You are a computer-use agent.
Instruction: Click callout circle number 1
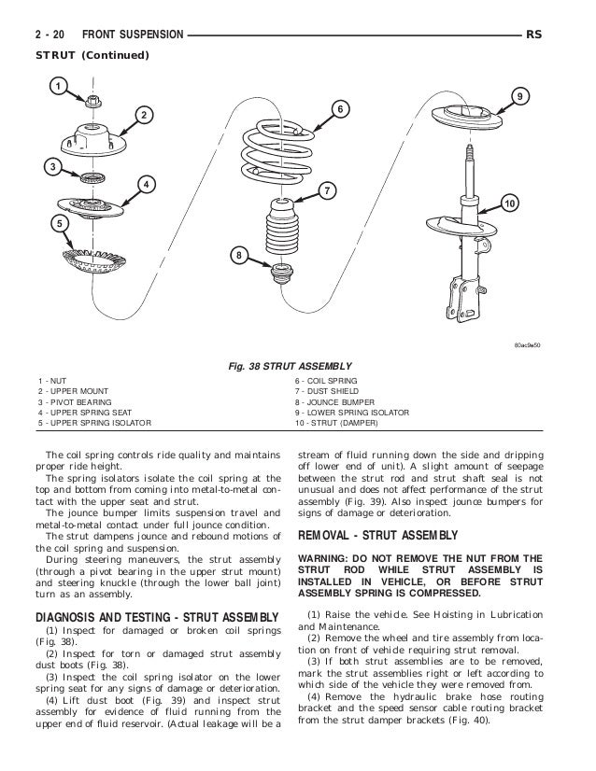56,87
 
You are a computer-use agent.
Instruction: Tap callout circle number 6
342,109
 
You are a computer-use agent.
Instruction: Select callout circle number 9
521,95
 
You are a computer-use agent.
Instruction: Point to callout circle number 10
508,203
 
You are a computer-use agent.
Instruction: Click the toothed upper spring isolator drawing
97,256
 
